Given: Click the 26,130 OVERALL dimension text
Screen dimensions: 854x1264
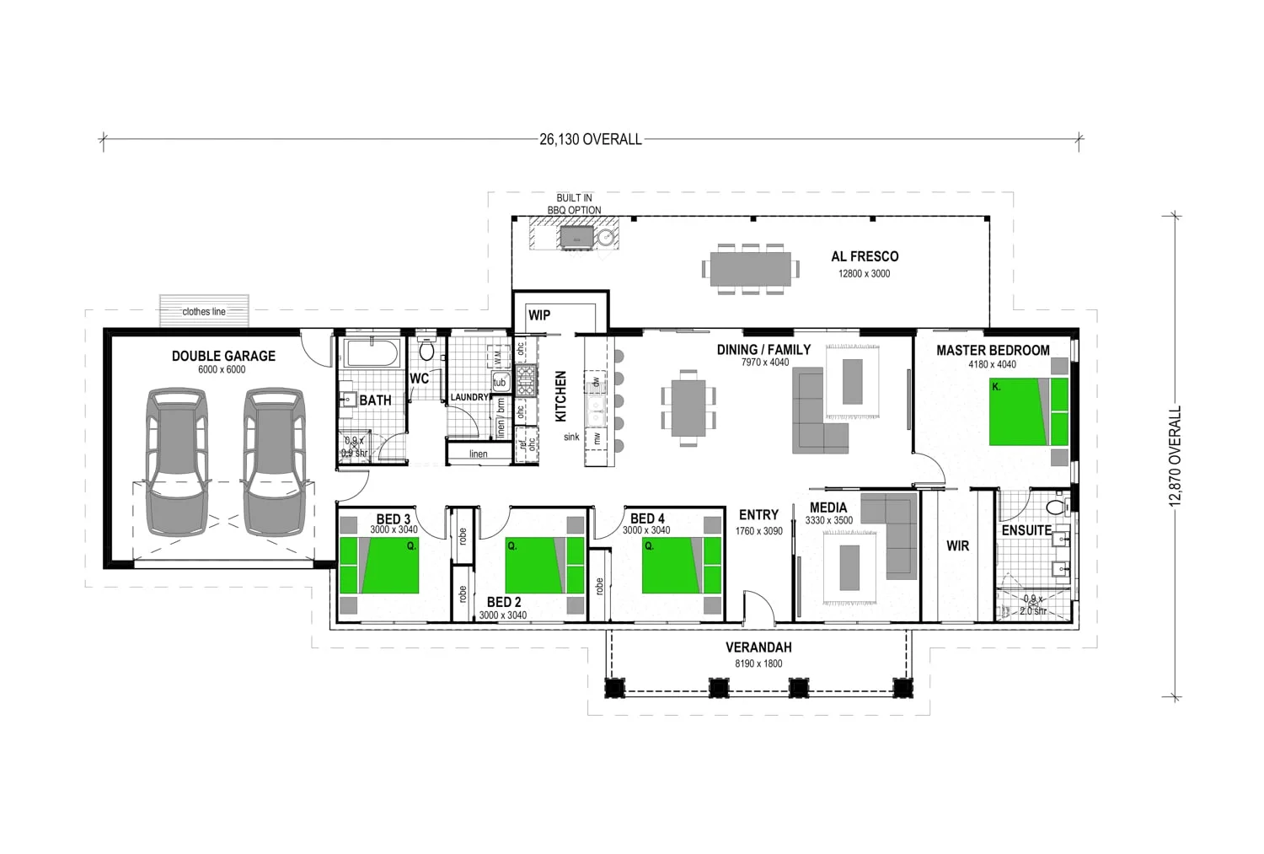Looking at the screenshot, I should pos(591,139).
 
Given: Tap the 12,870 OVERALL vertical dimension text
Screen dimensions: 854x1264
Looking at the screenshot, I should pos(1176,455).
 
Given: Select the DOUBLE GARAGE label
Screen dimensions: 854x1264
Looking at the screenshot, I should pos(223,356).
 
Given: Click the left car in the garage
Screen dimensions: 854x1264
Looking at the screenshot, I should pos(177,461).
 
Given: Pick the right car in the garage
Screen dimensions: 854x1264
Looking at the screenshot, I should pos(274,461).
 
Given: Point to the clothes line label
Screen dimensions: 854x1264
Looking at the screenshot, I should pos(204,311).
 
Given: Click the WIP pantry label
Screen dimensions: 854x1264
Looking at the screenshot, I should pos(539,315).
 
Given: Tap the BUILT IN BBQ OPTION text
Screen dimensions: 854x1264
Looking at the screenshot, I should pos(575,204).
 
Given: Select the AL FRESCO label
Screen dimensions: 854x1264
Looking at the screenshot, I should pos(865,256).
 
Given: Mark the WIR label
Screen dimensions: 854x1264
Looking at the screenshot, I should pos(957,545).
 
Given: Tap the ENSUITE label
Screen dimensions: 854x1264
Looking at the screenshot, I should pos(1026,530).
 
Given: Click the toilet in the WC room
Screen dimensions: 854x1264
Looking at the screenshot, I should pos(426,350).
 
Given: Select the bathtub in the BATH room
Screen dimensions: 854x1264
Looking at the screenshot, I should pos(373,353).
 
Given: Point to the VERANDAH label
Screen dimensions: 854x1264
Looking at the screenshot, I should pos(758,647).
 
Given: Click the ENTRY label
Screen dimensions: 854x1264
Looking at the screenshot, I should pos(758,515).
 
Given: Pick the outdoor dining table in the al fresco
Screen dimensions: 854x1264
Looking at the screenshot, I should pos(750,269).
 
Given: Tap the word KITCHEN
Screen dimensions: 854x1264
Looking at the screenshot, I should pos(561,395).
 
